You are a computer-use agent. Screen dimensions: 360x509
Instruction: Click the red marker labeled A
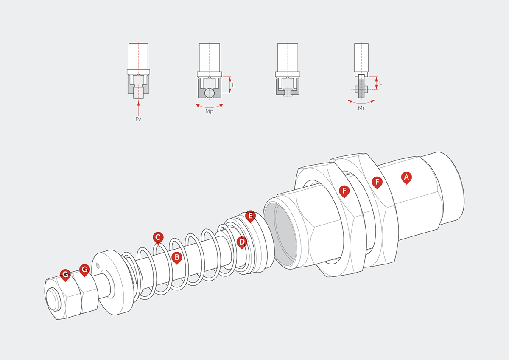point(406,177)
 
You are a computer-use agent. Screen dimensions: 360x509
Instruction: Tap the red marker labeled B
point(176,257)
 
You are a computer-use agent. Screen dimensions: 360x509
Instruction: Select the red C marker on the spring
point(158,237)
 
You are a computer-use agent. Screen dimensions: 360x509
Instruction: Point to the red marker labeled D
point(241,242)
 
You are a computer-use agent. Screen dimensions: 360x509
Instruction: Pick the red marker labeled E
point(250,216)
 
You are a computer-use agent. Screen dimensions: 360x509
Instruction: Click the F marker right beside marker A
point(377,182)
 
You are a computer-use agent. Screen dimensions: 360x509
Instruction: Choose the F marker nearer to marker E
point(344,191)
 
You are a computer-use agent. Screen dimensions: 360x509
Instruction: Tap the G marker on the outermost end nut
point(65,275)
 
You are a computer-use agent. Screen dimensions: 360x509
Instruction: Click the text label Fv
point(138,119)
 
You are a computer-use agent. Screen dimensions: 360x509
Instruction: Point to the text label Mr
point(361,108)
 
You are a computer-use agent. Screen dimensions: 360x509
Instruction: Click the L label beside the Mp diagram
point(233,85)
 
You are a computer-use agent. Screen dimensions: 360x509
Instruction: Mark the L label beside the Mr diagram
point(380,83)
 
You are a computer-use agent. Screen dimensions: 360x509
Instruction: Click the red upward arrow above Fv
point(138,107)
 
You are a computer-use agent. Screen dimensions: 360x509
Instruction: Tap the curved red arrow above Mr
point(361,101)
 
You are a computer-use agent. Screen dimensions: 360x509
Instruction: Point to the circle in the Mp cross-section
point(209,93)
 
